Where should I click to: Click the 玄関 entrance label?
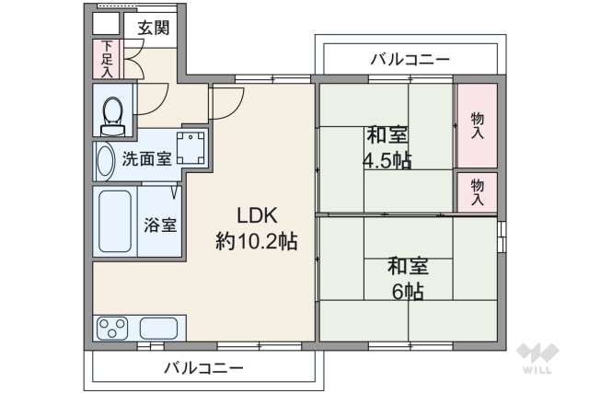154,27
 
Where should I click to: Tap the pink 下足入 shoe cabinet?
107,59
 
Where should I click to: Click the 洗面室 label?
146,157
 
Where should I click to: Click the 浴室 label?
161,224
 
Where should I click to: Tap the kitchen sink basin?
160,327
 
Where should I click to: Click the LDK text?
258,216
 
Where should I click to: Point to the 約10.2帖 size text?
257,242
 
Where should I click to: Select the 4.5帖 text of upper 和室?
387,159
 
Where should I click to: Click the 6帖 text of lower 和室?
407,292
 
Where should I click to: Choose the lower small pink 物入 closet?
477,191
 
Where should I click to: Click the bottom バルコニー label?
204,368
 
